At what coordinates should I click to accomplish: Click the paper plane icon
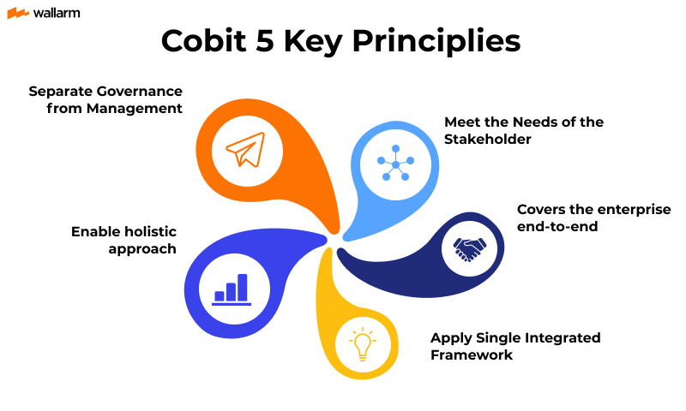tap(244, 152)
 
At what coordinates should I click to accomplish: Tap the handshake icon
tap(469, 248)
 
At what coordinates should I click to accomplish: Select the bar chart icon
tap(231, 289)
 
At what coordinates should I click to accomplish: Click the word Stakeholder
tap(484, 139)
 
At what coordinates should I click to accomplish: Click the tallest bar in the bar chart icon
tap(243, 286)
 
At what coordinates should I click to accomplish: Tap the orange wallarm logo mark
tap(18, 13)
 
